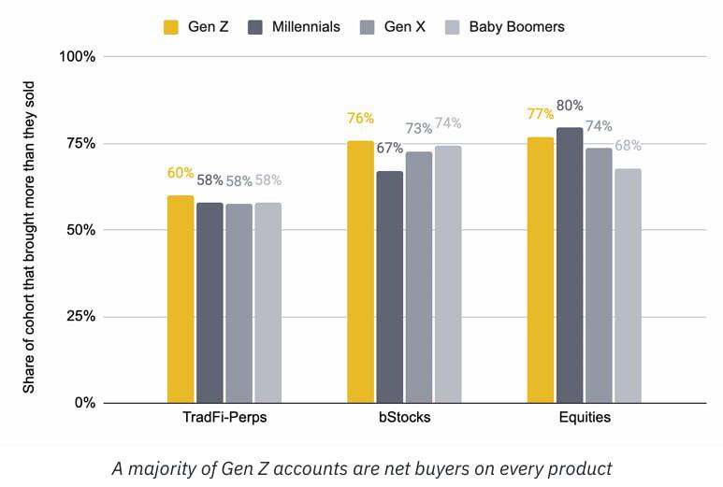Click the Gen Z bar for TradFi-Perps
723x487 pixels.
[x=181, y=299]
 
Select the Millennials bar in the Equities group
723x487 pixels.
[x=570, y=265]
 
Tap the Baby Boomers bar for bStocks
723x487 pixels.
[x=448, y=275]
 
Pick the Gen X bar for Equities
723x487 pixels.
[x=599, y=276]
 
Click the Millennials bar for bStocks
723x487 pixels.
[x=390, y=287]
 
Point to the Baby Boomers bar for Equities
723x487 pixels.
[x=628, y=286]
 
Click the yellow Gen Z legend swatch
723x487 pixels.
[x=171, y=27]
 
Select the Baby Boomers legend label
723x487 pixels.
[x=516, y=27]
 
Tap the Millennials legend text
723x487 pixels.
[x=306, y=27]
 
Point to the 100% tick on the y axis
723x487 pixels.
[x=77, y=57]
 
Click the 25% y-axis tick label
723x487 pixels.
[x=80, y=317]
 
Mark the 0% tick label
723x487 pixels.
[x=85, y=403]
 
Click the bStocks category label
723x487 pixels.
[x=404, y=417]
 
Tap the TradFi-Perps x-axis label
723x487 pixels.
[x=224, y=417]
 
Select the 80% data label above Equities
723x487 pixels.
[x=570, y=106]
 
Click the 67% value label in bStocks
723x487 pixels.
[x=390, y=148]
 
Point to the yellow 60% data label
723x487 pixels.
[x=181, y=173]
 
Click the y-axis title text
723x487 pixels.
[x=29, y=237]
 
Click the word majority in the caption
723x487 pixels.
[x=163, y=468]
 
